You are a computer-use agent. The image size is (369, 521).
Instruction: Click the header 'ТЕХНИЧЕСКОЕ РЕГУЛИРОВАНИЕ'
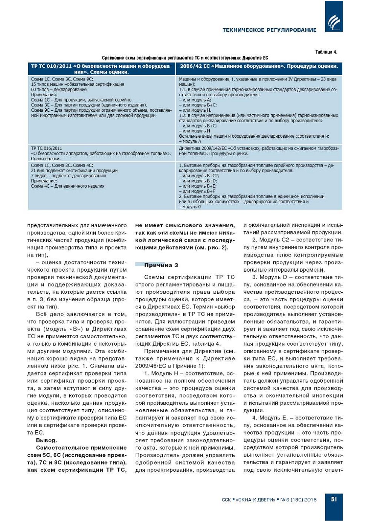[269, 30]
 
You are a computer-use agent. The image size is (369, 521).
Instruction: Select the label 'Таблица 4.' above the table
[326, 52]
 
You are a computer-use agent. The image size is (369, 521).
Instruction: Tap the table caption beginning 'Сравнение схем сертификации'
[185, 58]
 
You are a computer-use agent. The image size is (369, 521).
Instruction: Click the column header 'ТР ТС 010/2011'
[101, 69]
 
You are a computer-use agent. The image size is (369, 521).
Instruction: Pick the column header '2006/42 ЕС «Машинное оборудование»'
[259, 66]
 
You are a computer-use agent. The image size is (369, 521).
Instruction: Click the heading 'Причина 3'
[161, 265]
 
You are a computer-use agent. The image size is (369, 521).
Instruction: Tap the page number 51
[334, 500]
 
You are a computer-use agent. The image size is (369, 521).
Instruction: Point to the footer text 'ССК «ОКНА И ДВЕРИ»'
[249, 500]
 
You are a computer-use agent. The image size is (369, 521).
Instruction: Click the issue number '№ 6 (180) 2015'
[298, 500]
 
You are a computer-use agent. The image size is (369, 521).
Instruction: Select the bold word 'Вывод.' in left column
[46, 440]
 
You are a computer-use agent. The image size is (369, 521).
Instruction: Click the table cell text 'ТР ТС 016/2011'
[46, 148]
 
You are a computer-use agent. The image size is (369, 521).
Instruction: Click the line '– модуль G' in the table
[190, 207]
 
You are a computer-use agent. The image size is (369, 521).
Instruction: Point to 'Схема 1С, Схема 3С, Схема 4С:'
[62, 165]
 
